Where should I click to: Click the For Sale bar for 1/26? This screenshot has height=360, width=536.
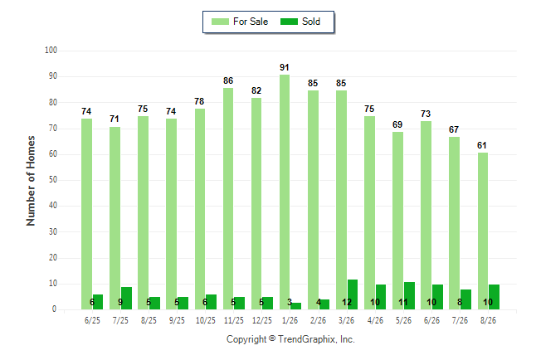(285, 192)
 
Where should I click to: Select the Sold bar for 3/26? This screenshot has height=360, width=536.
(353, 294)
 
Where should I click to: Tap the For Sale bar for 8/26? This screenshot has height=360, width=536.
(483, 231)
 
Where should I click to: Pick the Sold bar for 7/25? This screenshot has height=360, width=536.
(126, 299)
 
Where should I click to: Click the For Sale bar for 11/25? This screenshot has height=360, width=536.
(228, 198)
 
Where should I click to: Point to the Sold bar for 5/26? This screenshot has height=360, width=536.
(409, 296)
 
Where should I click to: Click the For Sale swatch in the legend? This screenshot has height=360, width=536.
(220, 22)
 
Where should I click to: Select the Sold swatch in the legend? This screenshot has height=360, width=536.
(290, 22)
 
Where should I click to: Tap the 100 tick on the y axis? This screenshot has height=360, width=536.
(51, 51)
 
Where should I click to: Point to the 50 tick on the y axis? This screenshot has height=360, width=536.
(53, 180)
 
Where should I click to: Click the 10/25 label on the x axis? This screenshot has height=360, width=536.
(206, 320)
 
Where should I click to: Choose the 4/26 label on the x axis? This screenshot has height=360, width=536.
(375, 320)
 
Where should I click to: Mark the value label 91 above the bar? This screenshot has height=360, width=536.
(285, 67)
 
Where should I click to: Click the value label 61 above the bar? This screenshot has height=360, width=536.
(482, 145)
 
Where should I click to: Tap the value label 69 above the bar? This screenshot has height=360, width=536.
(397, 124)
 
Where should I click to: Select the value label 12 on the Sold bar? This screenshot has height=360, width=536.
(347, 302)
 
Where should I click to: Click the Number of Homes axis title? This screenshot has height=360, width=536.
(31, 181)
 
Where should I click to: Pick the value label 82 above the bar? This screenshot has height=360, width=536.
(256, 90)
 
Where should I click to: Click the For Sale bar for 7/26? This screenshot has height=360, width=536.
(455, 223)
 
